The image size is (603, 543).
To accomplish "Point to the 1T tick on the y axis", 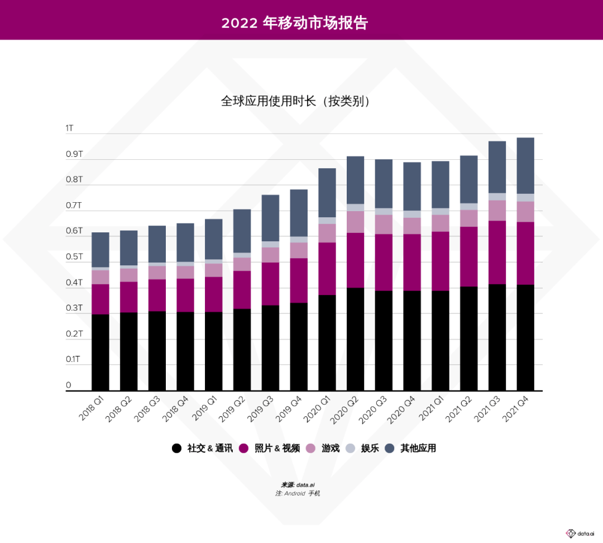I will point(69,128).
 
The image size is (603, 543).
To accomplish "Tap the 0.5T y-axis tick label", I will point(74,257).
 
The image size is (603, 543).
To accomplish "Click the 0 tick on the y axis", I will point(69,385).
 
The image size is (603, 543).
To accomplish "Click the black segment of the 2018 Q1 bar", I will point(100,352).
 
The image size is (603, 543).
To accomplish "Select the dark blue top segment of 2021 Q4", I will point(525,165).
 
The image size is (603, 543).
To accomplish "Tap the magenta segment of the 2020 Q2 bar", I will point(355,260).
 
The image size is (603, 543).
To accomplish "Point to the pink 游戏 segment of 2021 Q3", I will point(497,211).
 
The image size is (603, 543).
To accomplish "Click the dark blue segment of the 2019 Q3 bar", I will point(270,218).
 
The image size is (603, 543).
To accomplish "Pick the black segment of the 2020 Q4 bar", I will point(412,340).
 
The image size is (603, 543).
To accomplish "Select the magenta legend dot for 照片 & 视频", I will point(244,448).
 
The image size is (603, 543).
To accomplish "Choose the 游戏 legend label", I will point(330,448).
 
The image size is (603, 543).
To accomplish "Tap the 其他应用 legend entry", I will point(418,448).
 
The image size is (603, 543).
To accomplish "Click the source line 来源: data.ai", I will point(301,485).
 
